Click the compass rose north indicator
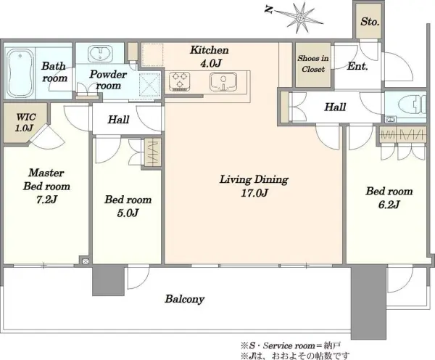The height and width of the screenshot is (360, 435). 296,17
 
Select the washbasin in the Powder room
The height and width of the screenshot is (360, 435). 100,53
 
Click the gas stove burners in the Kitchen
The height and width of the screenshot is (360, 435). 180,81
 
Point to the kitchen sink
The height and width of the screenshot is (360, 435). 223,81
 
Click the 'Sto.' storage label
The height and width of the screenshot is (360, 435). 370,21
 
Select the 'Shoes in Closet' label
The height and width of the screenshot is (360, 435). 313,64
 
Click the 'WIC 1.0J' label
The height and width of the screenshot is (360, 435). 25,122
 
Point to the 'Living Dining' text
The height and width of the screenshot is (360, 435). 254,179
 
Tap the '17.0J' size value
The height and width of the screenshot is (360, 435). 254,193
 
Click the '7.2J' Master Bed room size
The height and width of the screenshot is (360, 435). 46,200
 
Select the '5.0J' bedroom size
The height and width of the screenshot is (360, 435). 128,213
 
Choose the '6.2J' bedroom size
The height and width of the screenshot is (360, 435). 389,205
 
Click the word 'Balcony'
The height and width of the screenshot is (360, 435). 184,299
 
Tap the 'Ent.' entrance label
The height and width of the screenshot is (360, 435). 357,66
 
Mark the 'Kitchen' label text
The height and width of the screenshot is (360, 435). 210,50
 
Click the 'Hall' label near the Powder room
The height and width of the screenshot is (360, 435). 118,120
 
